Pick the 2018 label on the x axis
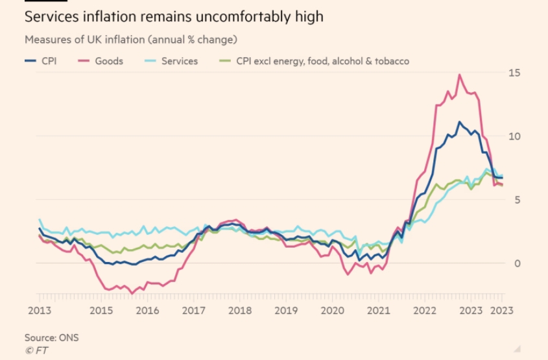point(239,310)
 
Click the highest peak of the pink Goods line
point(459,75)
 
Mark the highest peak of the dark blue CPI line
point(459,122)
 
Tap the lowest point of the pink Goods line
point(132,294)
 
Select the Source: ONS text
point(51,338)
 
